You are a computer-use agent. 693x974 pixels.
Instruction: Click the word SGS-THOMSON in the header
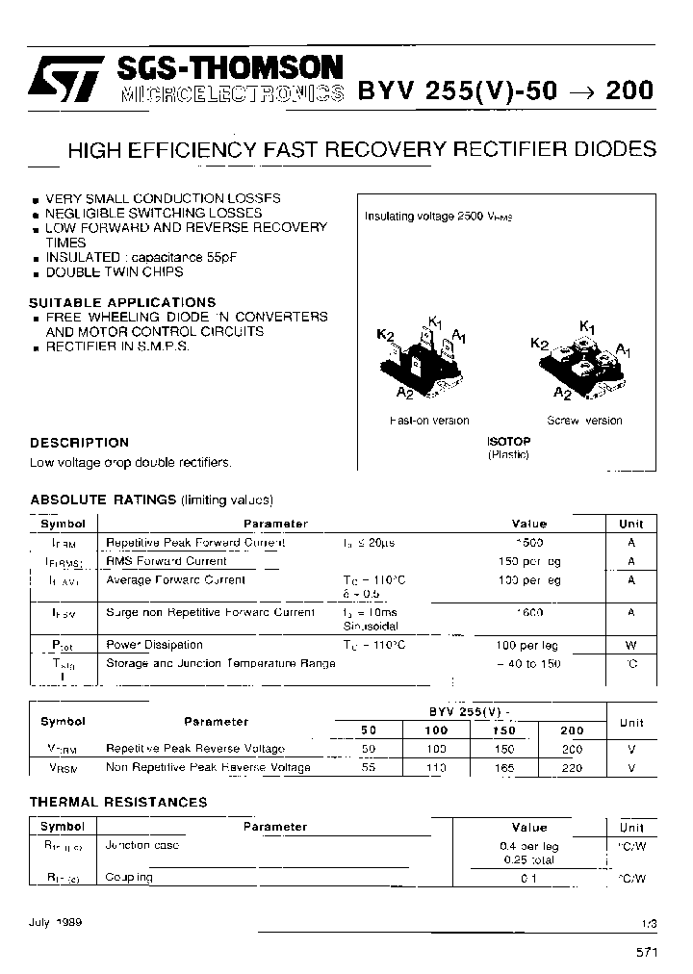(x=227, y=68)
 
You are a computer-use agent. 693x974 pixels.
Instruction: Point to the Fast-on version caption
(x=429, y=421)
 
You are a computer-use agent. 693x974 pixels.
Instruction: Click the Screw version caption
(x=584, y=421)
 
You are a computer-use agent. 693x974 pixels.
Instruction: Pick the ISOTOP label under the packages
(x=508, y=441)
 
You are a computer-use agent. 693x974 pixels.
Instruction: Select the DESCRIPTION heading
(x=79, y=443)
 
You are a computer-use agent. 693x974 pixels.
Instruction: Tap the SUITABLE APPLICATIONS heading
(x=122, y=302)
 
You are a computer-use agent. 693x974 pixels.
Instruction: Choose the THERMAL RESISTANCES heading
(x=118, y=802)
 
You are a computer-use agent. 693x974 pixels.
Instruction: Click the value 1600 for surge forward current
(x=528, y=612)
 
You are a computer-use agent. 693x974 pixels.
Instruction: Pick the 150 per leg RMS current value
(x=529, y=561)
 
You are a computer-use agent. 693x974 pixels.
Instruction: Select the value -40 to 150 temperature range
(x=529, y=664)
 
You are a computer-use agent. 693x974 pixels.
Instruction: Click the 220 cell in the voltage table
(x=572, y=768)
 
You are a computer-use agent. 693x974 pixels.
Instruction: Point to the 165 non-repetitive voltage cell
(x=503, y=768)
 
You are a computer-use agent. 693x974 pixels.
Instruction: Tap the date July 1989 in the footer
(x=56, y=921)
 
